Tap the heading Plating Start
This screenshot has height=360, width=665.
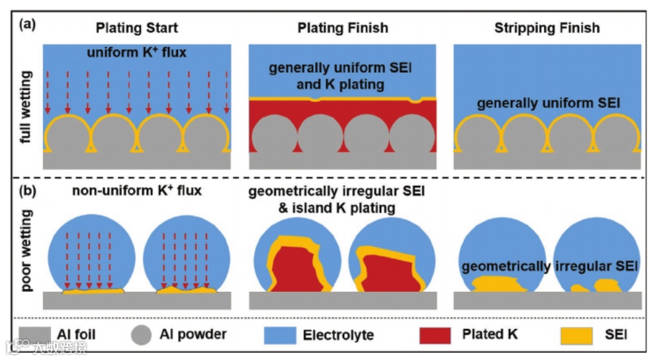tap(137, 28)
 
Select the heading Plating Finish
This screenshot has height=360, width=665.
tap(343, 28)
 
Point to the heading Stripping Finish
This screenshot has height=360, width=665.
tap(547, 28)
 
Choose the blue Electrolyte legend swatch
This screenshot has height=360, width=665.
tap(281, 334)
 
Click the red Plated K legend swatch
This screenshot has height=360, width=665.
tap(437, 334)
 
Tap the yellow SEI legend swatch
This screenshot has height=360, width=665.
tap(576, 334)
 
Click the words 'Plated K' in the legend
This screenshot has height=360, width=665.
tap(490, 334)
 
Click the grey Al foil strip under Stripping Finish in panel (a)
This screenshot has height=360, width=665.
tap(547, 161)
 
